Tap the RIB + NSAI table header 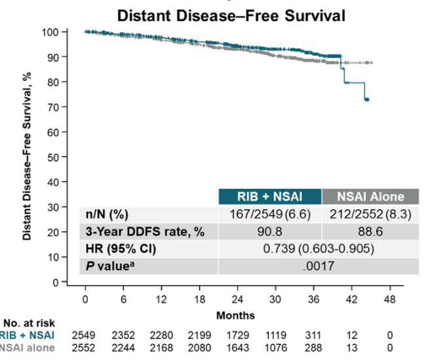coord(270,195)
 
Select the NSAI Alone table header coord(370,195)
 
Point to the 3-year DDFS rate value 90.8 coord(270,232)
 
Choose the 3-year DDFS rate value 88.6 coord(370,232)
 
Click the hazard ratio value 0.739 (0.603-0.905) coord(319,250)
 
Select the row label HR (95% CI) coord(113,250)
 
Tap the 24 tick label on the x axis coord(237,299)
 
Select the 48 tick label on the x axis coord(389,299)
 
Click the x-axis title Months coord(237,315)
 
